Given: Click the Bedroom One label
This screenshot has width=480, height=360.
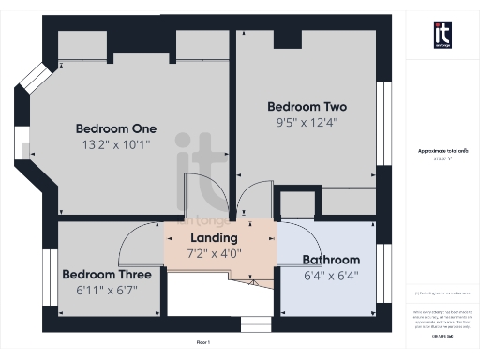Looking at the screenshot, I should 116,128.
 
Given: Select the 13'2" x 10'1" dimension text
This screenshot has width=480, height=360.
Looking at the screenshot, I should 116,144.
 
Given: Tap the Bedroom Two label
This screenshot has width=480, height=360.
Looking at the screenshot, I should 307,106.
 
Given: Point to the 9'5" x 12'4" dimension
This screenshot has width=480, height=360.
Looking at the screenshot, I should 307,122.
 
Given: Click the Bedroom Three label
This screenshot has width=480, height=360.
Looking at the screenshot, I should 107,275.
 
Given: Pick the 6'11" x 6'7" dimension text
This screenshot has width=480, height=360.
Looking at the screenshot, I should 107,291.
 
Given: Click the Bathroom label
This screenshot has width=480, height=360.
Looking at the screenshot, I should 331,260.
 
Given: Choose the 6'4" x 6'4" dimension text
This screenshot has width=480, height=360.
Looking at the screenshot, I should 331,276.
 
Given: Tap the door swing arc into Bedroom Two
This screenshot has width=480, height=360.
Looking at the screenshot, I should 251,197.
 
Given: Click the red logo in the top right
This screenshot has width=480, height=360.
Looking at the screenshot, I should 442,34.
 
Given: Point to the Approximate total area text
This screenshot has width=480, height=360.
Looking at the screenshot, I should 442,151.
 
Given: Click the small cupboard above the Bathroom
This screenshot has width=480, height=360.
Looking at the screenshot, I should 297,204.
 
